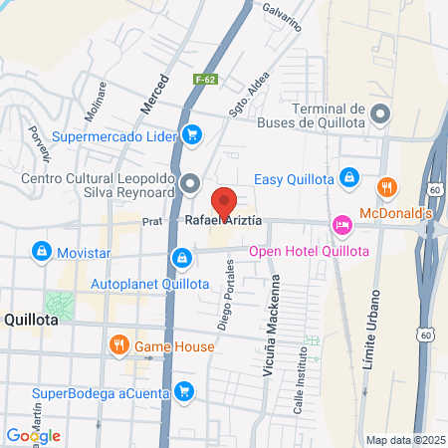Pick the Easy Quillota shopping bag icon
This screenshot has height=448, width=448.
click(348, 177)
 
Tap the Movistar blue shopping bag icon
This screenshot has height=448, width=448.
click(41, 252)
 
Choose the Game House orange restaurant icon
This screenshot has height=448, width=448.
click(118, 346)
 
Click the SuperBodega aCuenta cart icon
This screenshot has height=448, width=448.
click(182, 391)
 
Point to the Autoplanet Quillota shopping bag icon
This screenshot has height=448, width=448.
click(181, 260)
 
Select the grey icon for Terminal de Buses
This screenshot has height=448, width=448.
click(379, 117)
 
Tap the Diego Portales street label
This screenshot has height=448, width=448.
click(227, 295)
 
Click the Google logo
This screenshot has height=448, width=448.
click(33, 436)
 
